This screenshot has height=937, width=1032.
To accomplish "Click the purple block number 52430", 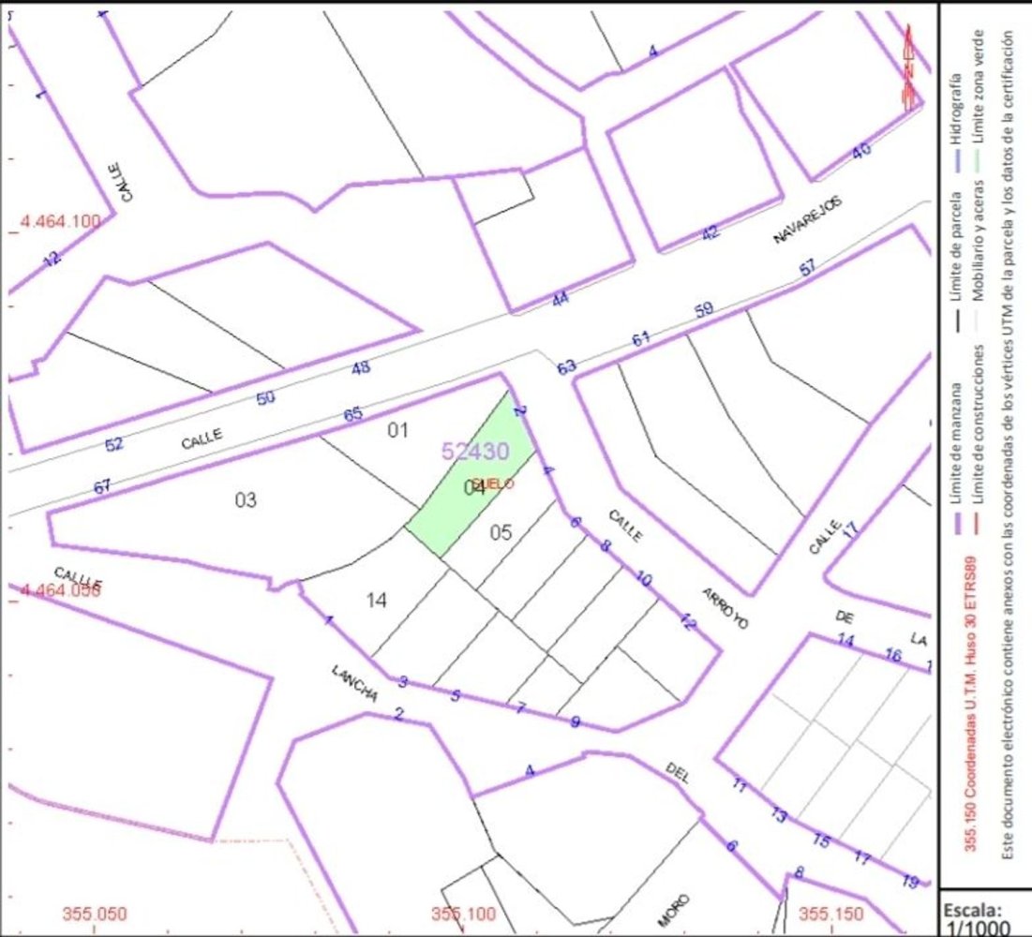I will click(x=475, y=452).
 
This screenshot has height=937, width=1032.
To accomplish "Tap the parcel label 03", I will click(x=246, y=499).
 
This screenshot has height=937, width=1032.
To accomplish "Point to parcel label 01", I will click(x=398, y=430).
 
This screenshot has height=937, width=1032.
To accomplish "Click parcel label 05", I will click(x=501, y=532).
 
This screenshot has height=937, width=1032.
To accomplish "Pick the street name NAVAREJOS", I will click(x=808, y=221).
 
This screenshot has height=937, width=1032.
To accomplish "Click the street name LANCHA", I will click(x=354, y=684).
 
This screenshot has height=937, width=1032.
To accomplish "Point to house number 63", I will click(x=567, y=367).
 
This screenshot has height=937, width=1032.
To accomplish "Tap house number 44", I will click(x=560, y=300).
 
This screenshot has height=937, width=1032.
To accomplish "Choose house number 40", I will click(x=860, y=150).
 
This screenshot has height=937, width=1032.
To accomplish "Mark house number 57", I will click(x=807, y=269).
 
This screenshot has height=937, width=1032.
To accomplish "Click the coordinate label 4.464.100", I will click(x=60, y=221).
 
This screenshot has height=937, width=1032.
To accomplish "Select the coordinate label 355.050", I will click(x=95, y=914).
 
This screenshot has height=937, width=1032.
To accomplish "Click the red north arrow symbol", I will click(x=907, y=68).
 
